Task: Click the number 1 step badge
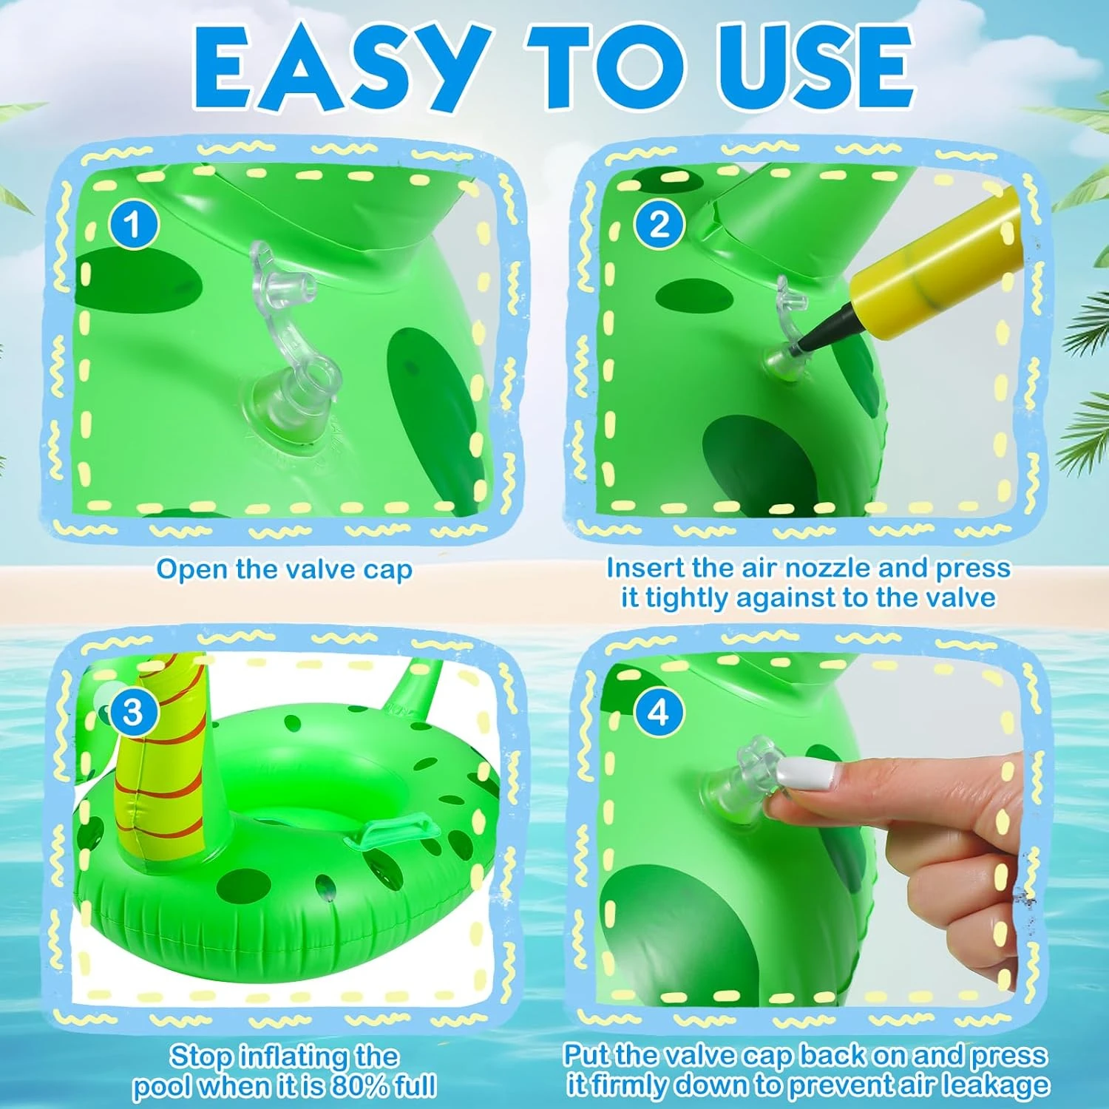pyautogui.click(x=134, y=225)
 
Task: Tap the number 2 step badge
pyautogui.click(x=659, y=225)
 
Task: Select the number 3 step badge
pyautogui.click(x=132, y=712)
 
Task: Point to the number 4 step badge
pyautogui.click(x=658, y=712)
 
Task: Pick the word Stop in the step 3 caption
pyautogui.click(x=200, y=1056)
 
